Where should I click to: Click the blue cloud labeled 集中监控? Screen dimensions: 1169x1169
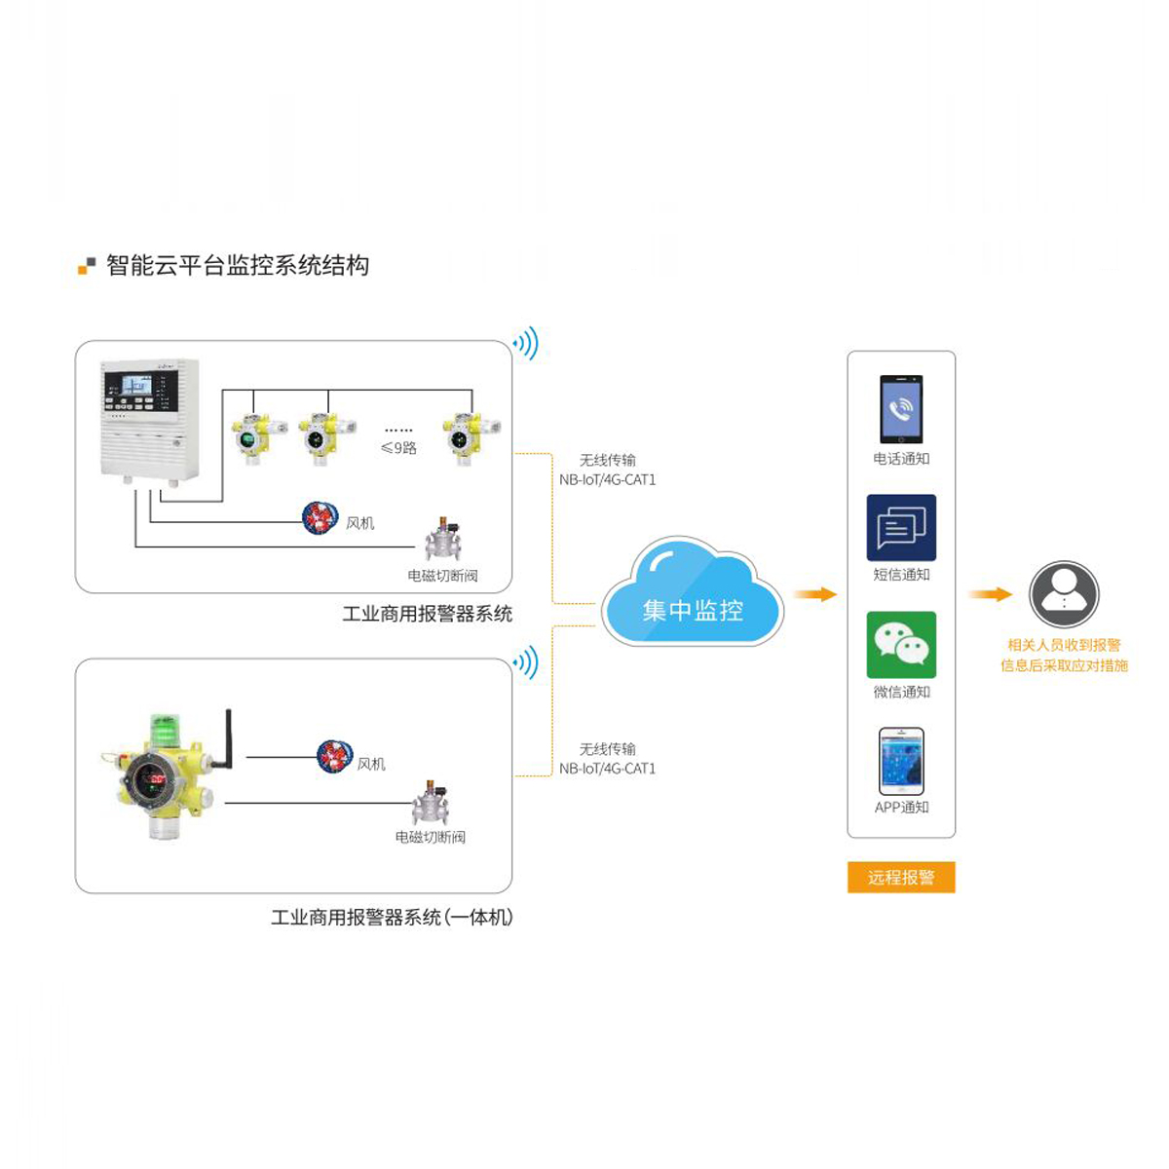(x=693, y=591)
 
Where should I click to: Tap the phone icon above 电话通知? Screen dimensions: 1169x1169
(x=901, y=409)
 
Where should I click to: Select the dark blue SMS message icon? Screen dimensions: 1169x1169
(x=901, y=527)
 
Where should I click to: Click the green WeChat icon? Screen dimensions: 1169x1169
(x=901, y=645)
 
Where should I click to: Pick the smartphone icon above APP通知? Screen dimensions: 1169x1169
(x=901, y=762)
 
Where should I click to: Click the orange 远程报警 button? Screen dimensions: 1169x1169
(x=901, y=877)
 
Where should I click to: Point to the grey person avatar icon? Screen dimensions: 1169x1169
(x=1064, y=594)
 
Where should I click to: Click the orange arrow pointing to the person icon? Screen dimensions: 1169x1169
(x=990, y=594)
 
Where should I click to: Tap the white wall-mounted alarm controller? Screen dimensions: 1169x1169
(x=149, y=422)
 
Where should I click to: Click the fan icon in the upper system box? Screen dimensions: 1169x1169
(x=320, y=517)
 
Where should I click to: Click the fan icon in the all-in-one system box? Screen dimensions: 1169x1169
(x=334, y=757)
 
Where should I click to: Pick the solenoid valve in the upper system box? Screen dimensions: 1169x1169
(x=444, y=540)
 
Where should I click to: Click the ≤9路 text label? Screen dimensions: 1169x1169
(x=398, y=448)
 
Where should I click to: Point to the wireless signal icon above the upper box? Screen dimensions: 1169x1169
(x=525, y=343)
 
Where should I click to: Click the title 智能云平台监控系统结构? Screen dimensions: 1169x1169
(x=238, y=265)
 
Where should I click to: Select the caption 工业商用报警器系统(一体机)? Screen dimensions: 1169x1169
(x=392, y=917)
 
